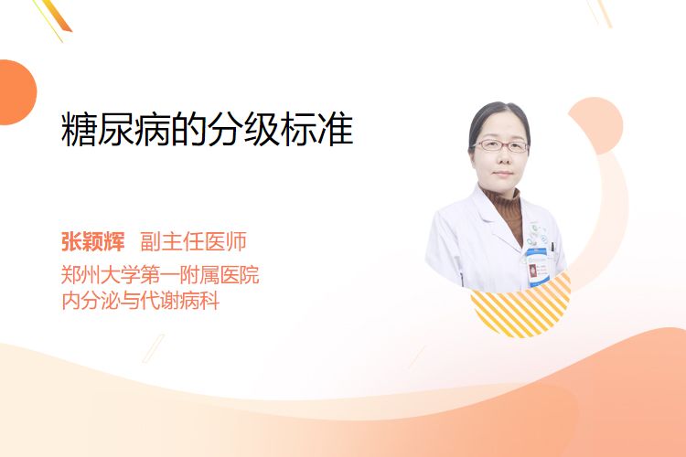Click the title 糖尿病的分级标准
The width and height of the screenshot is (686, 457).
click(x=207, y=130)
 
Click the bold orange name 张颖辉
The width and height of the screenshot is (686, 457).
click(x=93, y=241)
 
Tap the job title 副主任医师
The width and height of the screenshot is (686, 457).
click(x=193, y=241)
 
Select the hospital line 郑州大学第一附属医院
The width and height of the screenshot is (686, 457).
click(x=160, y=275)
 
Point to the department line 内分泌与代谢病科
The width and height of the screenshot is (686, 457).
click(x=141, y=301)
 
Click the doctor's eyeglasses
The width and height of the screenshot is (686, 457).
click(x=501, y=145)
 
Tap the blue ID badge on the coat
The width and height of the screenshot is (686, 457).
click(x=538, y=267)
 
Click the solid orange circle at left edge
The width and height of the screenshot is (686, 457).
click(x=16, y=92)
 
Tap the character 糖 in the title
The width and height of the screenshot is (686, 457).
click(x=79, y=130)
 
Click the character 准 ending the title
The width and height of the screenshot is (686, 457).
click(x=336, y=130)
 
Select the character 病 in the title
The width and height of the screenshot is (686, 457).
click(x=152, y=130)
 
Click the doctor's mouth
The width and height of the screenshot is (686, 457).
click(x=503, y=173)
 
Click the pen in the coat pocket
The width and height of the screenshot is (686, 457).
click(x=552, y=248)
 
